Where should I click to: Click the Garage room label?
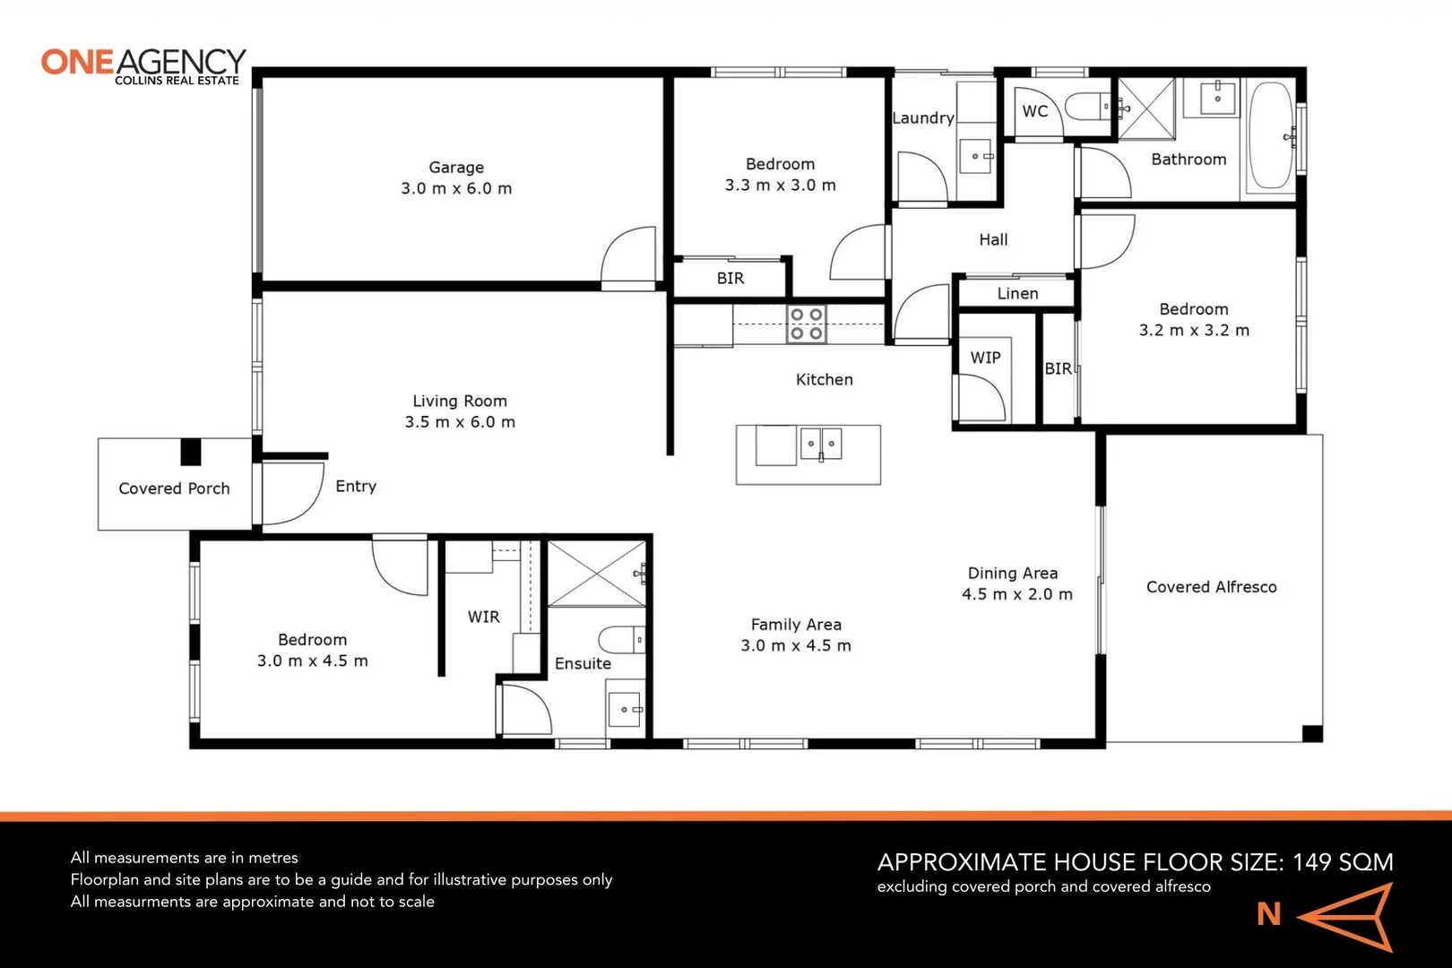pos(456,168)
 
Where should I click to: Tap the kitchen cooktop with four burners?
pos(806,324)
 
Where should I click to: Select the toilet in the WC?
pos(1086,108)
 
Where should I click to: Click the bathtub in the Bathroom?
pos(1271,135)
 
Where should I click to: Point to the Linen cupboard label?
pos(1017,294)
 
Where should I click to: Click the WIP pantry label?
pos(985,358)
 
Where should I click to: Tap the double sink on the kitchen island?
pos(821,444)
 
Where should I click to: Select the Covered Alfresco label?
pos(1211,587)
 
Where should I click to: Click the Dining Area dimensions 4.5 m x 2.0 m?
pos(1016,594)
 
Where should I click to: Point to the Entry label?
pos(356,487)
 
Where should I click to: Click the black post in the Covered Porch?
pos(191,452)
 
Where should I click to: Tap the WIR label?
pos(483,617)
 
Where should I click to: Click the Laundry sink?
pos(976,156)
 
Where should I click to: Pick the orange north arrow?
pos(1346,916)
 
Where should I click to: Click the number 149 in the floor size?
pos(1311,862)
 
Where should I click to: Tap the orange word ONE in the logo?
pos(77,63)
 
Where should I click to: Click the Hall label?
pos(993,240)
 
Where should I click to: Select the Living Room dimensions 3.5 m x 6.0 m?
pos(460,422)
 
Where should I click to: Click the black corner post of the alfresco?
pos(1312,733)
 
